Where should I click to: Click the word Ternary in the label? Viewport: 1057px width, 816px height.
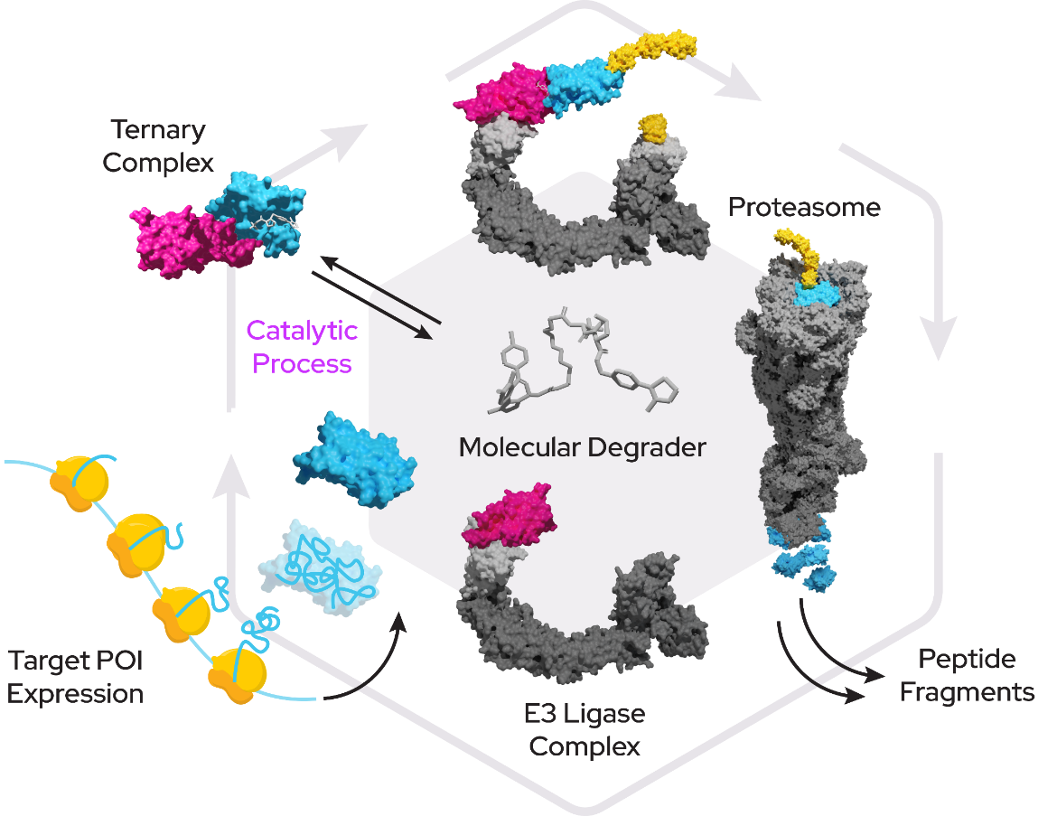tap(158, 130)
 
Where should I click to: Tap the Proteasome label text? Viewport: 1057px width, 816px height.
tap(804, 208)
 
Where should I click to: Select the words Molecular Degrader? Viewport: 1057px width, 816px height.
tap(582, 446)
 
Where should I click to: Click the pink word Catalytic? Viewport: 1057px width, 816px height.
tap(302, 331)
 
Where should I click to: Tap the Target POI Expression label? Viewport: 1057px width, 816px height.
tap(76, 677)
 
